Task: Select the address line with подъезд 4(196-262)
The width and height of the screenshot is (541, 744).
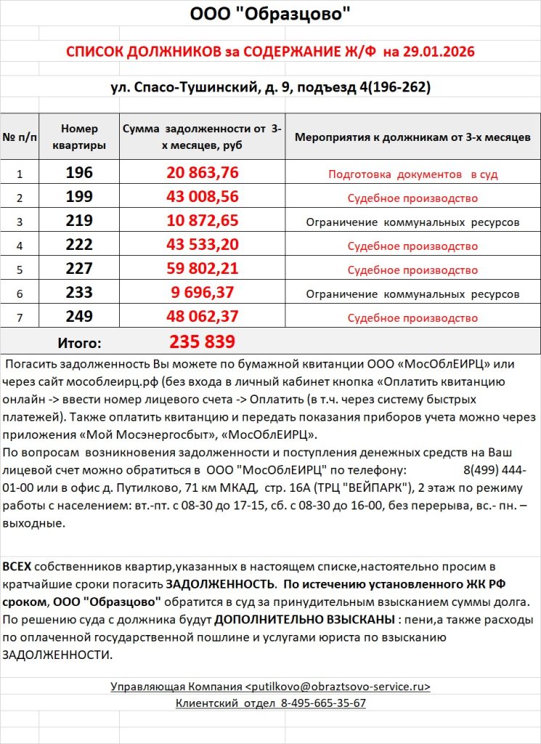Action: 270,88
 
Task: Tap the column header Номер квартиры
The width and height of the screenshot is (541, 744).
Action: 79,137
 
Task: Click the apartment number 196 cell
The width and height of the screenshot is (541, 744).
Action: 79,174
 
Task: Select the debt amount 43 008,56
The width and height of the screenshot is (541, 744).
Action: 203,198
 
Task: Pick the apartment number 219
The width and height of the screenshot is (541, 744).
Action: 79,222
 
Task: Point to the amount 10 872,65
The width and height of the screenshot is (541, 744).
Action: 203,222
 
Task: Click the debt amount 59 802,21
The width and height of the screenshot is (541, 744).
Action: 203,270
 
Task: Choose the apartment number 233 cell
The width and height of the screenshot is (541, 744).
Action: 79,294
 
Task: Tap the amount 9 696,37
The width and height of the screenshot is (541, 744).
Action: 203,294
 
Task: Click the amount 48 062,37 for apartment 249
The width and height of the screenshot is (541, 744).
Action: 203,318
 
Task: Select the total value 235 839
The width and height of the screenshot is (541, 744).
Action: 203,341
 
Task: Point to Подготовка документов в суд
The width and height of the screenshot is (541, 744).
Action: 412,174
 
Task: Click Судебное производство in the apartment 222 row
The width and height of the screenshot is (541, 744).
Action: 412,246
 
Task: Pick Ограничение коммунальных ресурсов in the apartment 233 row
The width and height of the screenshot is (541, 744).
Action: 412,294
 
